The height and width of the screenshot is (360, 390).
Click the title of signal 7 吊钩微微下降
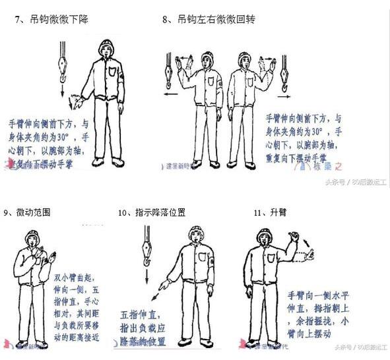56,20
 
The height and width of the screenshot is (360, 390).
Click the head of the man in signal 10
195,236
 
